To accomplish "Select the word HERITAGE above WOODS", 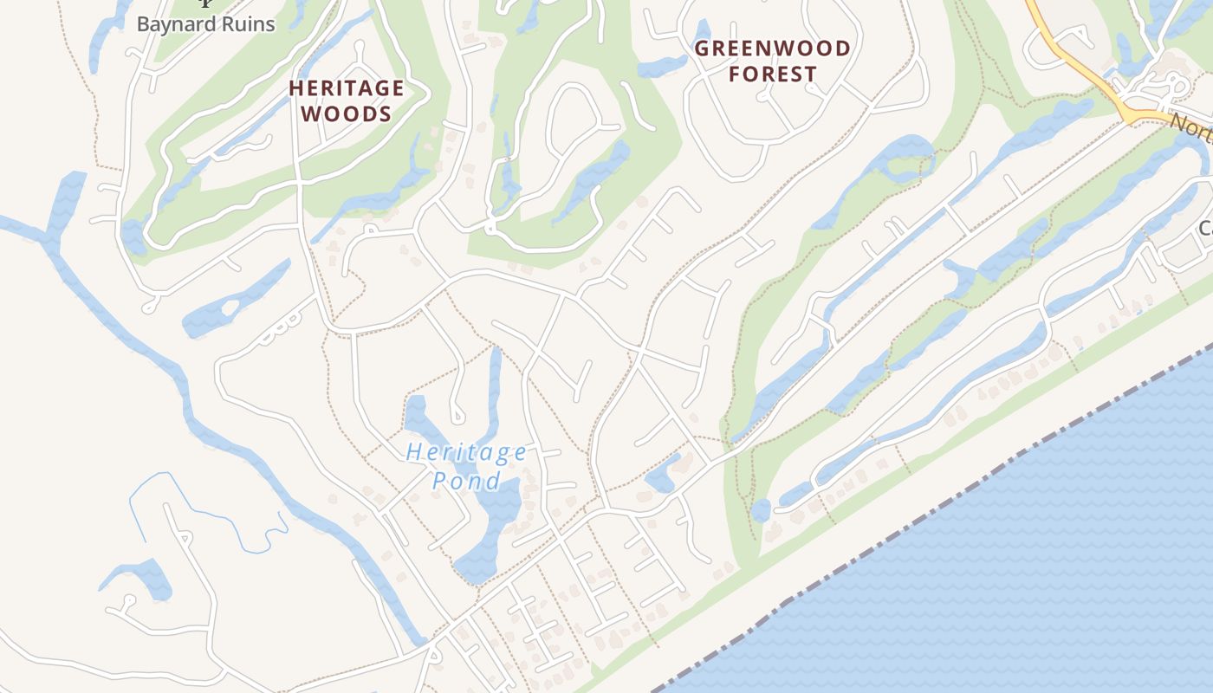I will click(347, 88).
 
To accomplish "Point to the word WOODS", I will click(347, 113).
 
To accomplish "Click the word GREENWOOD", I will click(772, 49).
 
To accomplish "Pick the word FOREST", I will click(772, 74).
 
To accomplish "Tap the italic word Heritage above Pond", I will click(466, 452).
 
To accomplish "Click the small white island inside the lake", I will click(230, 307).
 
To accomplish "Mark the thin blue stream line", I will click(208, 511).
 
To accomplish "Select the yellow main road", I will click(1083, 69).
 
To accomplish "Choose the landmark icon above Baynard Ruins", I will click(205, 3).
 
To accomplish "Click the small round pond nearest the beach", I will click(760, 510).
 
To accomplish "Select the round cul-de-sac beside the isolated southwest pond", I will click(130, 599).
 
